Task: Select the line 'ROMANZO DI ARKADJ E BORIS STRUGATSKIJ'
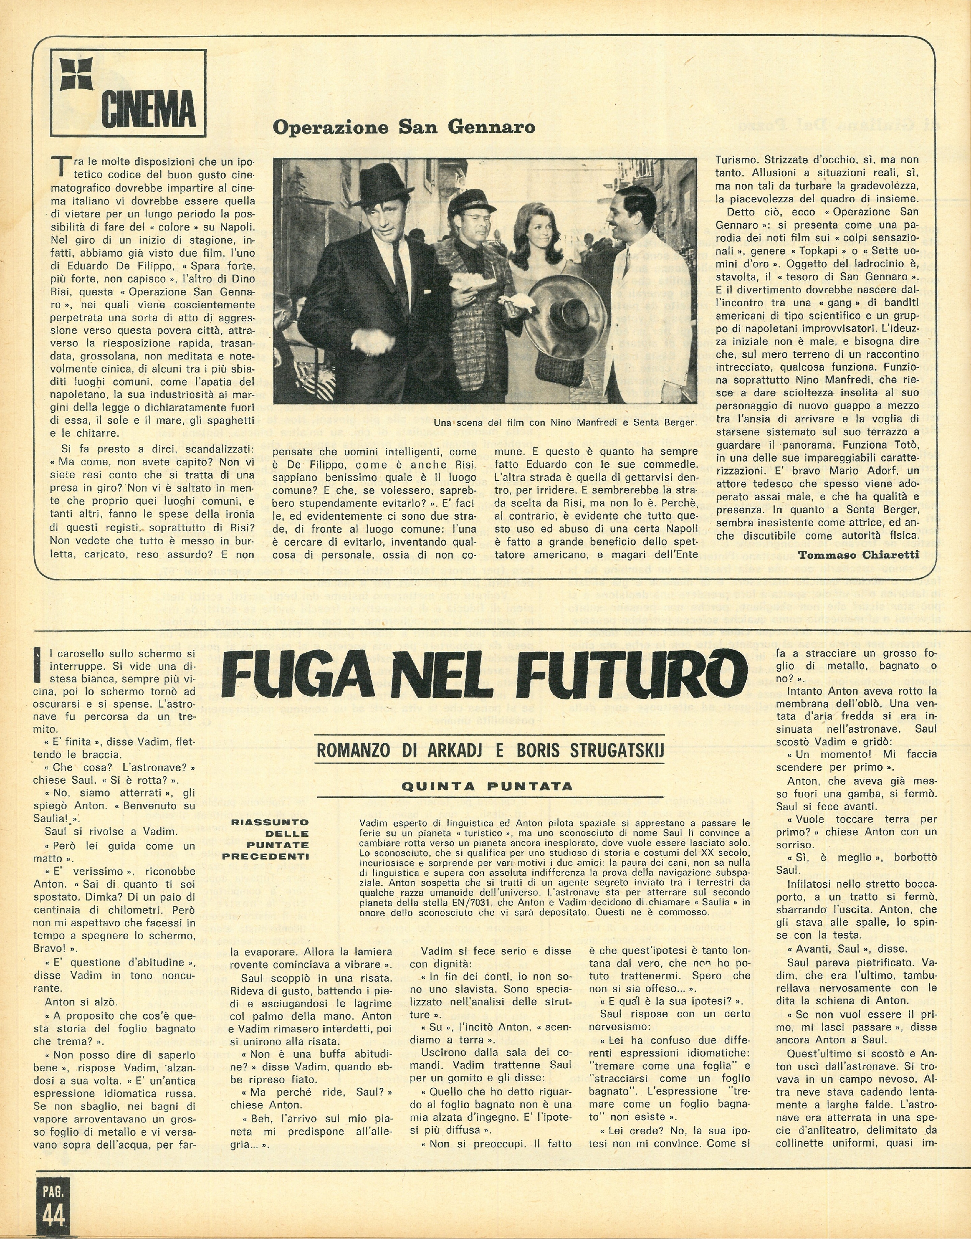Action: click(x=490, y=751)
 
